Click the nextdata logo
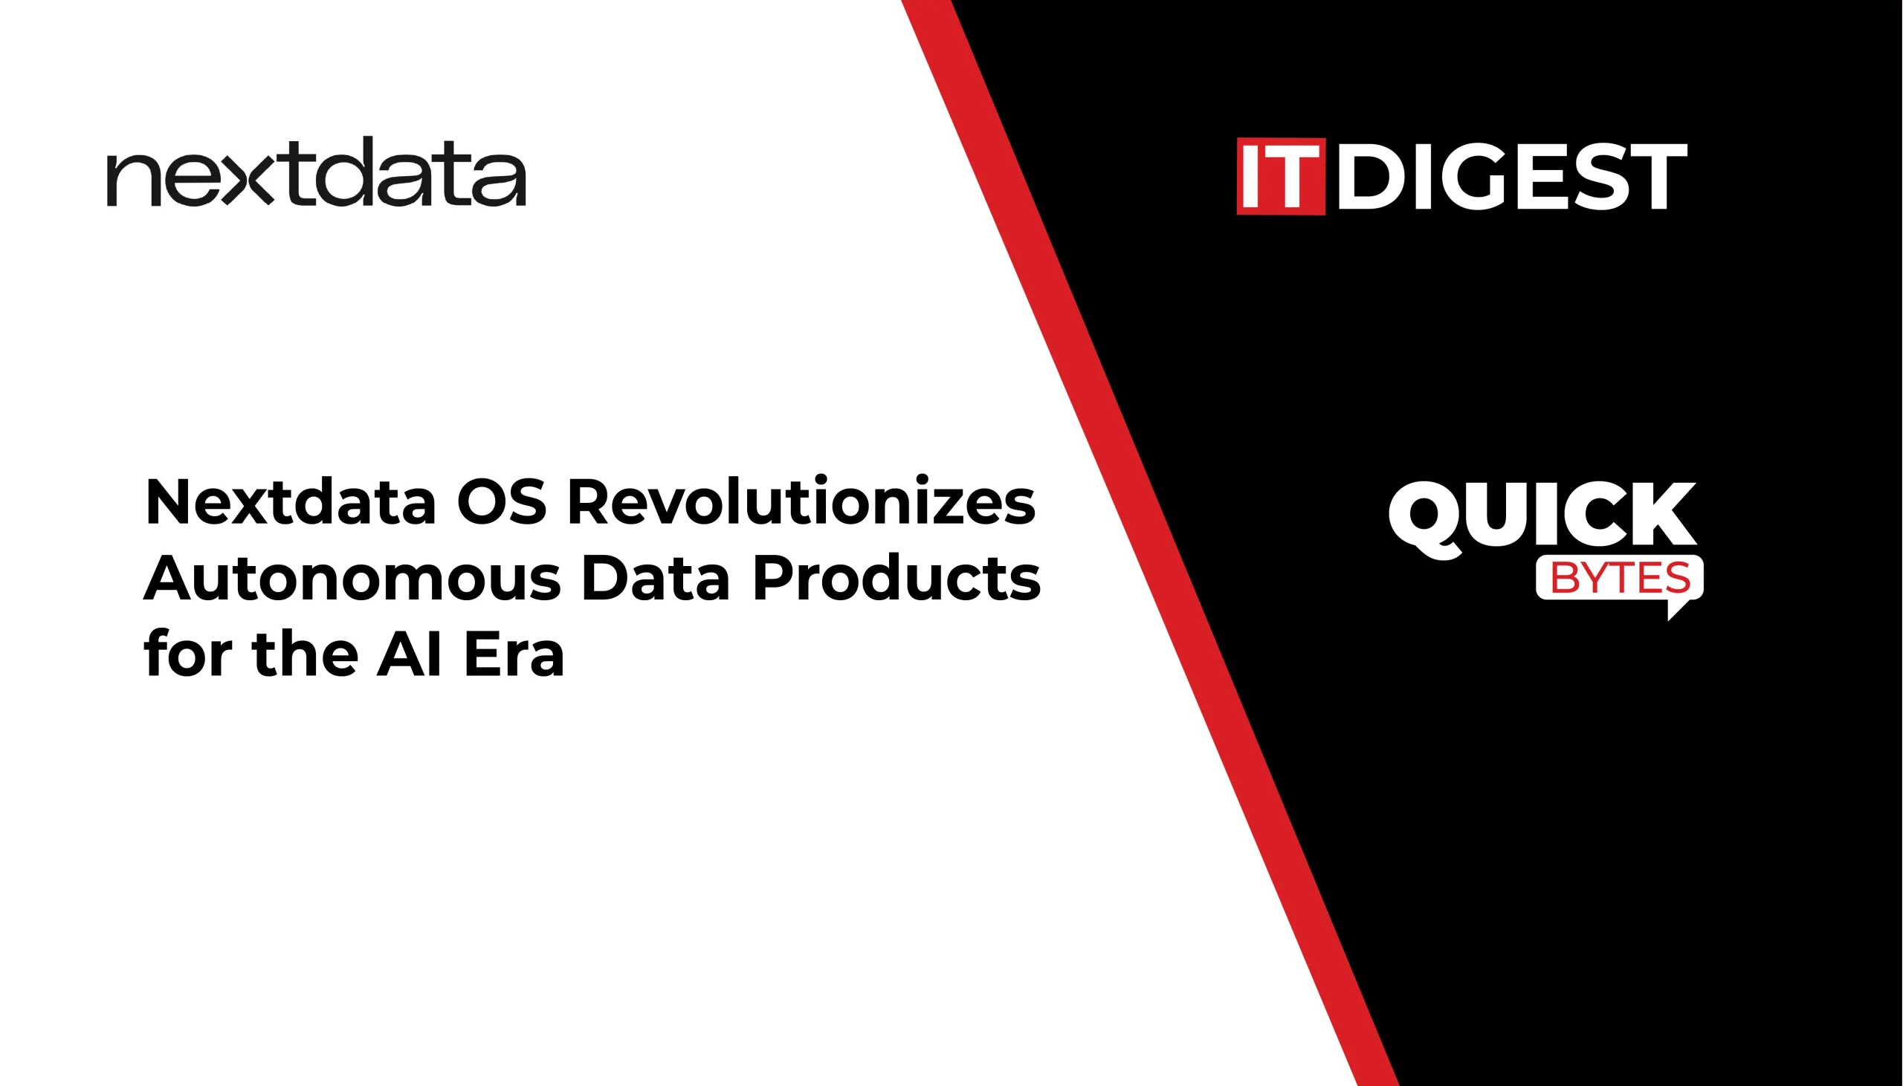pos(317,172)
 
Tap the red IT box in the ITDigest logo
pos(1281,177)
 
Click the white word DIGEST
pos(1512,177)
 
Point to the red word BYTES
pos(1621,578)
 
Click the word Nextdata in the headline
pos(291,502)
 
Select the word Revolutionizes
pos(801,501)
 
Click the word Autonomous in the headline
pos(352,578)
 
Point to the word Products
pos(896,578)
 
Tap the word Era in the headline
pos(514,654)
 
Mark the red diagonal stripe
pos(1149,543)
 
